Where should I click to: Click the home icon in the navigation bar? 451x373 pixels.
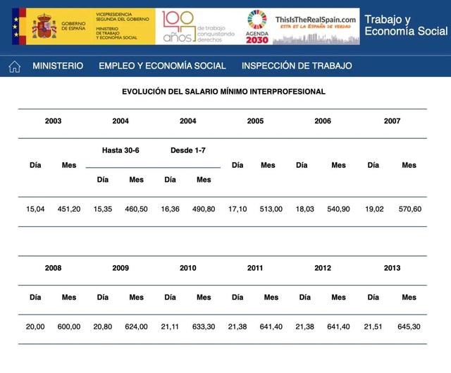pos(14,66)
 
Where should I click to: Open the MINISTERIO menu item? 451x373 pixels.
pos(58,66)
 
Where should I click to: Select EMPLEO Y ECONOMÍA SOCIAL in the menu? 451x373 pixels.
pos(162,66)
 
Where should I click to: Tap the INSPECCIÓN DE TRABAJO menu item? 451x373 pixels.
pos(297,66)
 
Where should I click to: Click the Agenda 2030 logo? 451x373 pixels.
pos(257,27)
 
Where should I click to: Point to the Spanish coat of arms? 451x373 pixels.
pos(44,27)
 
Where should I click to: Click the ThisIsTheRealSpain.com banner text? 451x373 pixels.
pos(316,21)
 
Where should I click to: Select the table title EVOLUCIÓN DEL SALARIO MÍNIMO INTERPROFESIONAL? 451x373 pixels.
pos(223,92)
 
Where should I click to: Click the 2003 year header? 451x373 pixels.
pos(53,121)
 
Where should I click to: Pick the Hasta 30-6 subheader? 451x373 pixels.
pos(121,150)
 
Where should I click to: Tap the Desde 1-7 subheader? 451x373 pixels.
pos(188,150)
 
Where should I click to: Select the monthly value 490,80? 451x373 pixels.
pos(204,209)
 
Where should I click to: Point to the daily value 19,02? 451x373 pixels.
pos(373,209)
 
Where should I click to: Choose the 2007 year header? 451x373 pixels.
pos(392,121)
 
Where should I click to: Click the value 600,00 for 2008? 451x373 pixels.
pos(68,327)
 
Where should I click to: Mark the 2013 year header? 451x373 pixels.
pos(392,268)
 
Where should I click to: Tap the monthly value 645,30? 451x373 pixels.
pos(409,327)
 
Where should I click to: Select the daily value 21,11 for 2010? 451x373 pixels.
pos(170,327)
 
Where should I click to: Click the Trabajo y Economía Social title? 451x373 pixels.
pos(405,25)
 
